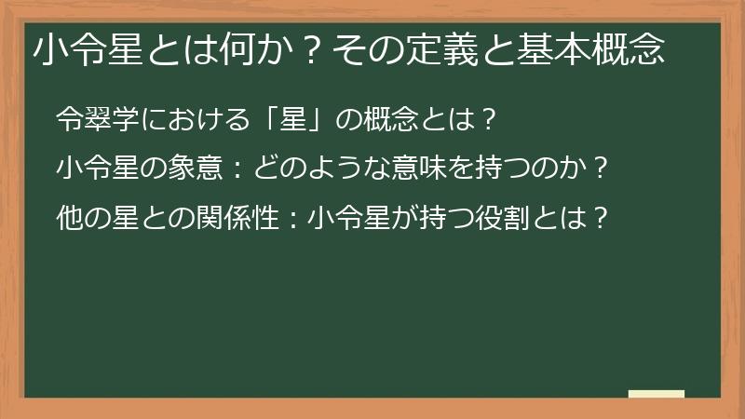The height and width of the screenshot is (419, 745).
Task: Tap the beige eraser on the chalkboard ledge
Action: tap(656, 394)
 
